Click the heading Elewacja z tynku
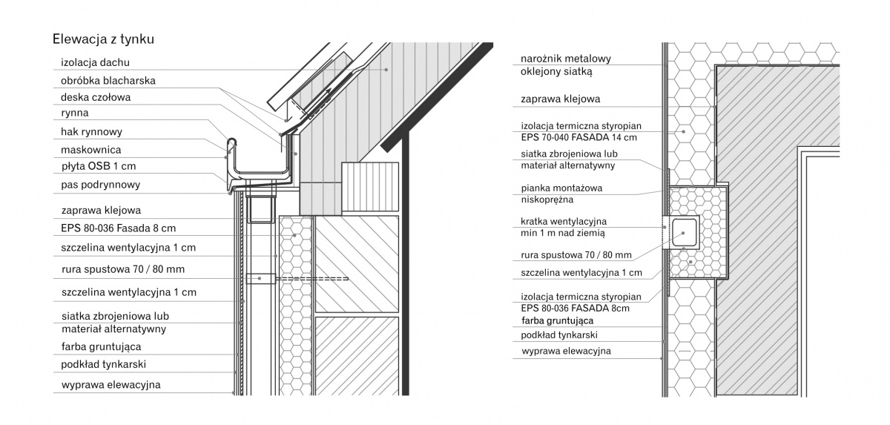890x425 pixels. [103, 39]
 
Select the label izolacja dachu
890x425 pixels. [96, 62]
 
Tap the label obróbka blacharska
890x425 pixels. [108, 81]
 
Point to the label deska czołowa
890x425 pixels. [96, 97]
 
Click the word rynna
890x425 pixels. [75, 113]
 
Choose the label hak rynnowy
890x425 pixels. [91, 132]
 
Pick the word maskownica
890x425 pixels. [91, 150]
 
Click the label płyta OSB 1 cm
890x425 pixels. [99, 166]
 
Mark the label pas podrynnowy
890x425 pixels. [101, 185]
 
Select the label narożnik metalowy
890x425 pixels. [566, 59]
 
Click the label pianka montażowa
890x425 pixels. [561, 188]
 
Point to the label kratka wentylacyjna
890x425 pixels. [564, 221]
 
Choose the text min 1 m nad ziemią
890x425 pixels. [563, 233]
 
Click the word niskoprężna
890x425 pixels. [547, 200]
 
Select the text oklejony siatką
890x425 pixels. [556, 72]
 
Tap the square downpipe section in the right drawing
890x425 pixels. [684, 233]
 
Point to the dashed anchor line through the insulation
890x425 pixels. [312, 279]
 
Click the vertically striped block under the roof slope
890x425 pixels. [370, 187]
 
